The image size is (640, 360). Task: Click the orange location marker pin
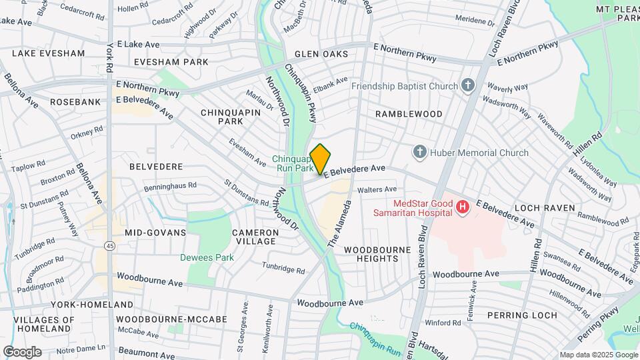coord(321,159)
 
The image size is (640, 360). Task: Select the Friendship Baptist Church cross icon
coord(468,85)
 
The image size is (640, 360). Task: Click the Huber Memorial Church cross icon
coord(420,153)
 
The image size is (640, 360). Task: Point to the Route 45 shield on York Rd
coord(109,246)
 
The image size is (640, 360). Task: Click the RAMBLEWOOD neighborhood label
coord(409,114)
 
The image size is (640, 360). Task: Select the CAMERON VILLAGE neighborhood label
coord(255,237)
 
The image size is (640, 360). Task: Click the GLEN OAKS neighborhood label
coord(326,53)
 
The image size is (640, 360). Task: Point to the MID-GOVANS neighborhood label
coord(155,233)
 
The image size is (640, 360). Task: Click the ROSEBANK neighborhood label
coord(75,102)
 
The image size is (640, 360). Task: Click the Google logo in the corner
coord(22,351)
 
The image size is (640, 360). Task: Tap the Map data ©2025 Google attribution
coord(598,355)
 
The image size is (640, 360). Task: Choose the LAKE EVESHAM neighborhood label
coord(49,53)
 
